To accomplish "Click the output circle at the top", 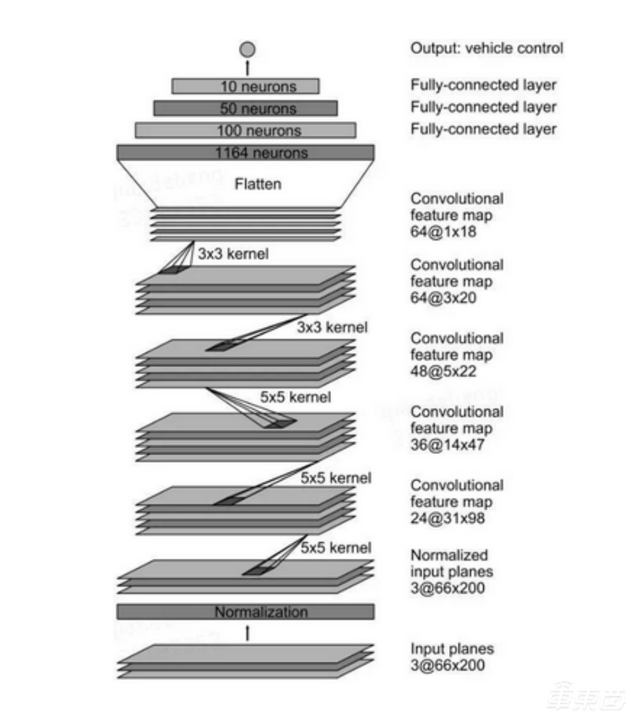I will pos(247,50).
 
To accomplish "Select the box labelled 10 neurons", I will pos(246,87).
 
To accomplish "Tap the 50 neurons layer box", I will pos(246,109).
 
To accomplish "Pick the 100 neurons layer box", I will pos(246,131).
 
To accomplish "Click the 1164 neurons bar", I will pos(246,153).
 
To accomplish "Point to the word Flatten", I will pos(258,183).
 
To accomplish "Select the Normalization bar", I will pos(246,612).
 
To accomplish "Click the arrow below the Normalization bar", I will pos(247,633).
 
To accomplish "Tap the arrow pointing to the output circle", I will pos(247,67).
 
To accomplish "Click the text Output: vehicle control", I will pos(486,49).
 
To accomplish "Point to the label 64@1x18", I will pos(447,232).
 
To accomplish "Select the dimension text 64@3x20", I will pos(447,298).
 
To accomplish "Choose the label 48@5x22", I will pos(447,371).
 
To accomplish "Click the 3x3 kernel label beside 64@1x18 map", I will pos(233,254).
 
